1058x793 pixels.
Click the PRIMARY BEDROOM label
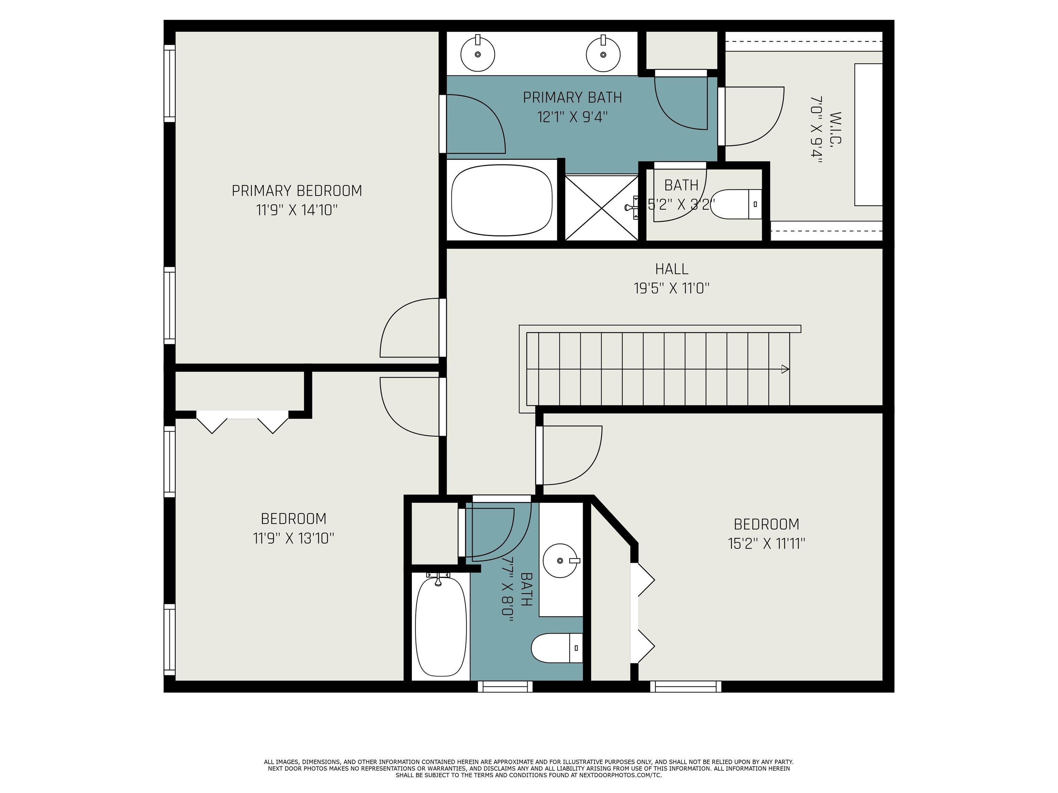coord(297,191)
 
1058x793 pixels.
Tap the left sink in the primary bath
coord(477,54)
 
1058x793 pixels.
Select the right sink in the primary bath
coord(603,54)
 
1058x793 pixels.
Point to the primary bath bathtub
coord(502,200)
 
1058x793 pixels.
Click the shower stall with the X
coord(602,208)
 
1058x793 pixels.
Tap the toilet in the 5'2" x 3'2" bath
coord(736,204)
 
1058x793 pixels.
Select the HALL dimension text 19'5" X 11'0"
coord(672,288)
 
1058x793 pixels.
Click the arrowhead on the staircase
coord(785,369)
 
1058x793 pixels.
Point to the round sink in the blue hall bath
coord(561,561)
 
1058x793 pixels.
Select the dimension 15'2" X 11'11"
coord(766,544)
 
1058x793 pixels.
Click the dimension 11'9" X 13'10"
coord(293,539)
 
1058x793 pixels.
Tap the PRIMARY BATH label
coord(572,97)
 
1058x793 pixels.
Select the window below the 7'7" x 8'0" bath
coord(505,686)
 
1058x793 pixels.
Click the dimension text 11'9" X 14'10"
coord(297,210)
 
